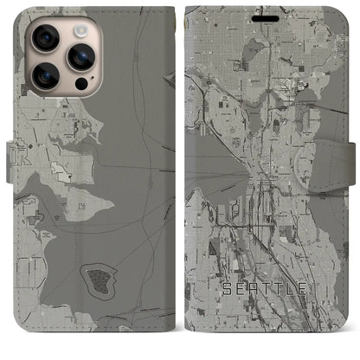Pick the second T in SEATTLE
point(280,288)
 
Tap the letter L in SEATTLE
point(290,288)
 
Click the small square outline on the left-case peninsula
point(80,206)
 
